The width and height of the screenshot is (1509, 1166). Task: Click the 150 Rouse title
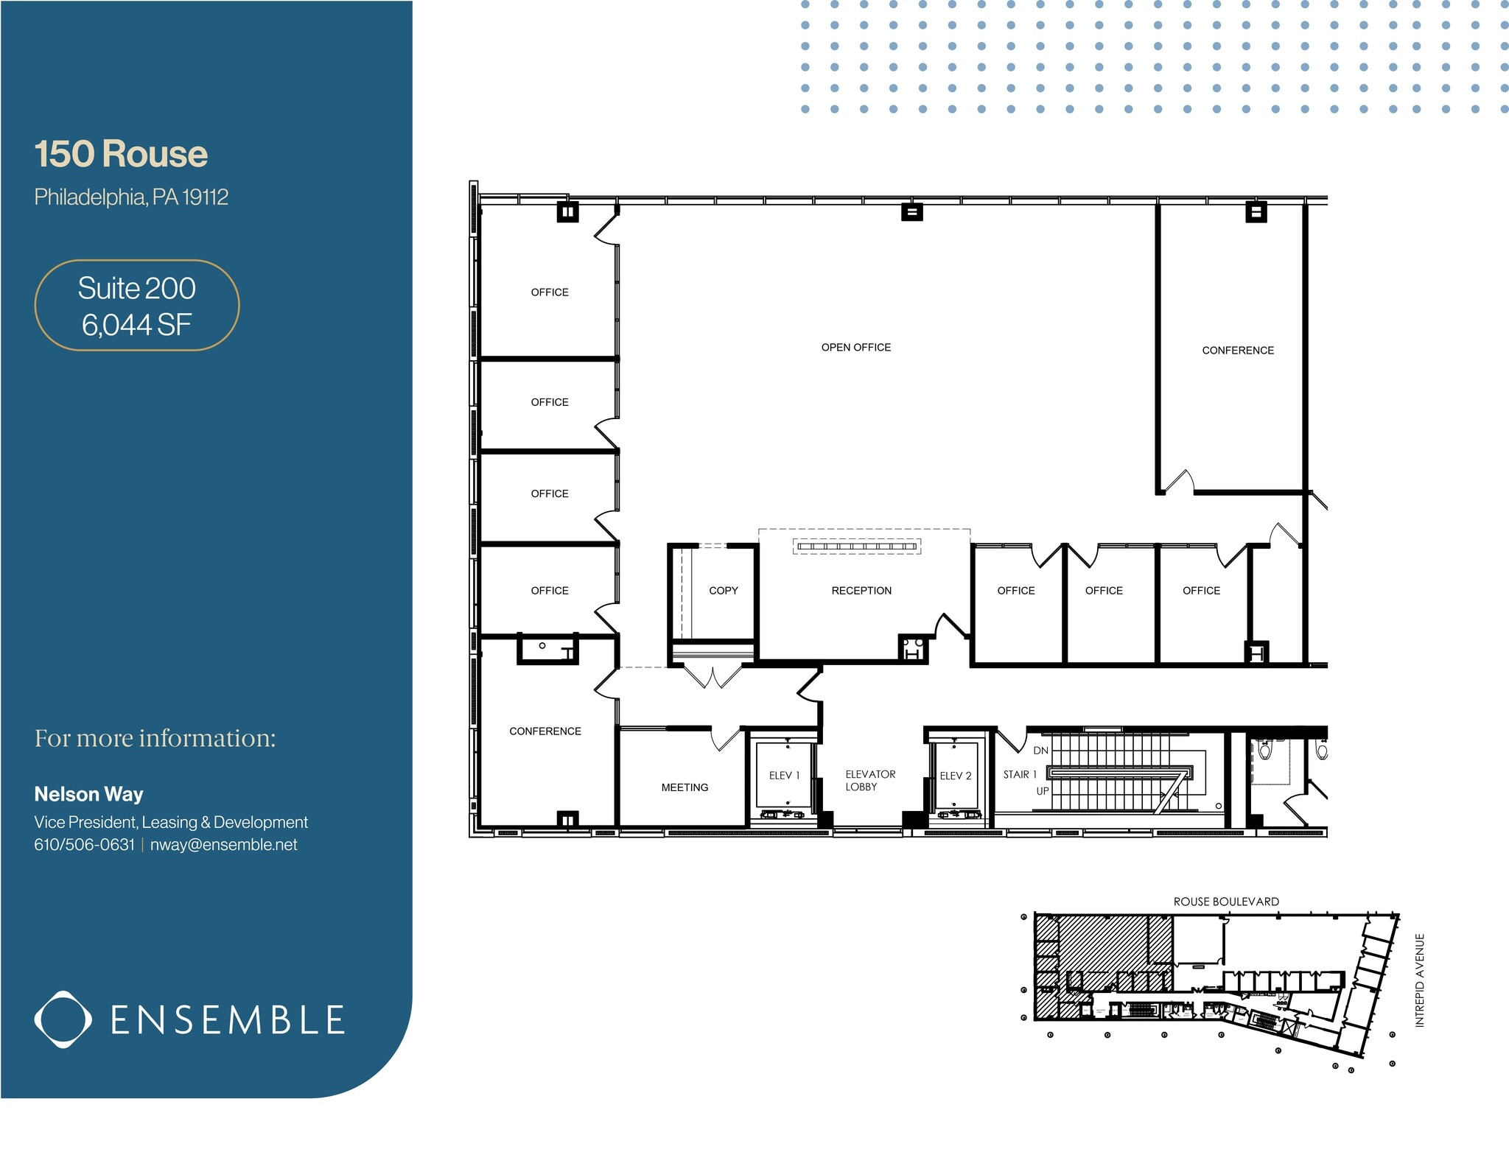pos(121,154)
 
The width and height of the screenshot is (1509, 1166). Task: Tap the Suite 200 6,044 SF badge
pos(137,306)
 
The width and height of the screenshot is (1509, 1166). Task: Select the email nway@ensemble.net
pos(223,845)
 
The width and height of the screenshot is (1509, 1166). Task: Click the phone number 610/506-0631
pos(84,845)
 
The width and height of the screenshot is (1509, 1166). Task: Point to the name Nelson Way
pos(88,794)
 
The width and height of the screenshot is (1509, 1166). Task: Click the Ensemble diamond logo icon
pos(63,1019)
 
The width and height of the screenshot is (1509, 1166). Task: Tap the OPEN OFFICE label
pos(855,348)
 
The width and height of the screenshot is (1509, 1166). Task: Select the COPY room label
pos(723,591)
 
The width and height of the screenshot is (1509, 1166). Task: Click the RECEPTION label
pos(861,591)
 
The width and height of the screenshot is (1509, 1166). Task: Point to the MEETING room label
pos(685,787)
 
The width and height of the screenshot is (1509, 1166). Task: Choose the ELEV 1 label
pos(784,776)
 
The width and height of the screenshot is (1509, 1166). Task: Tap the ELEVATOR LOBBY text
pos(869,781)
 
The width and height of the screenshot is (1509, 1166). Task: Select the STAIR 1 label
pos(1020,775)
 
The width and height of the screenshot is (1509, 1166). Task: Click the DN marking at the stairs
pos(1040,751)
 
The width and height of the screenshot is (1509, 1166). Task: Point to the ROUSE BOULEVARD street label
pos(1226,902)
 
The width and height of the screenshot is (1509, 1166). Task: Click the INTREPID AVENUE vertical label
pos(1420,980)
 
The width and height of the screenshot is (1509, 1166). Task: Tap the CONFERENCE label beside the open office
pos(1237,351)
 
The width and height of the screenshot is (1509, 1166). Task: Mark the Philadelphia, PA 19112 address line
pos(131,197)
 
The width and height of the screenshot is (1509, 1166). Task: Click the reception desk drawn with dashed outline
pos(857,546)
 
